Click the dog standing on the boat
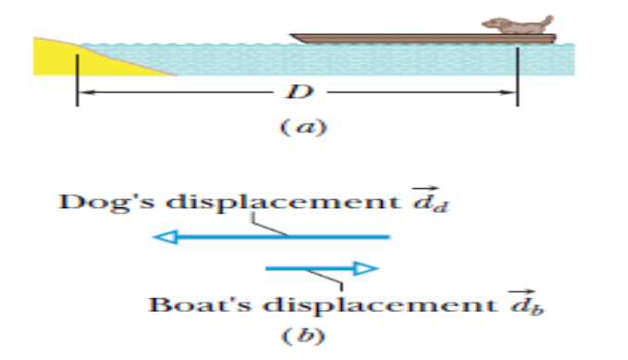[x=517, y=25]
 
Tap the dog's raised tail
[x=548, y=21]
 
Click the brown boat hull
[x=423, y=39]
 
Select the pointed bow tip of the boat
[x=290, y=35]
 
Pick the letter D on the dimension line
[x=299, y=92]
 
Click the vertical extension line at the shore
[x=78, y=81]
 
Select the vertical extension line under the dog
[x=517, y=77]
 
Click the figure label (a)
[x=303, y=128]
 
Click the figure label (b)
[x=303, y=336]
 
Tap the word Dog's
[x=106, y=202]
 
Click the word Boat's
[x=200, y=304]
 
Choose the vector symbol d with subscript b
[x=526, y=302]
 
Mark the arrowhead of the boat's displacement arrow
[x=366, y=268]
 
